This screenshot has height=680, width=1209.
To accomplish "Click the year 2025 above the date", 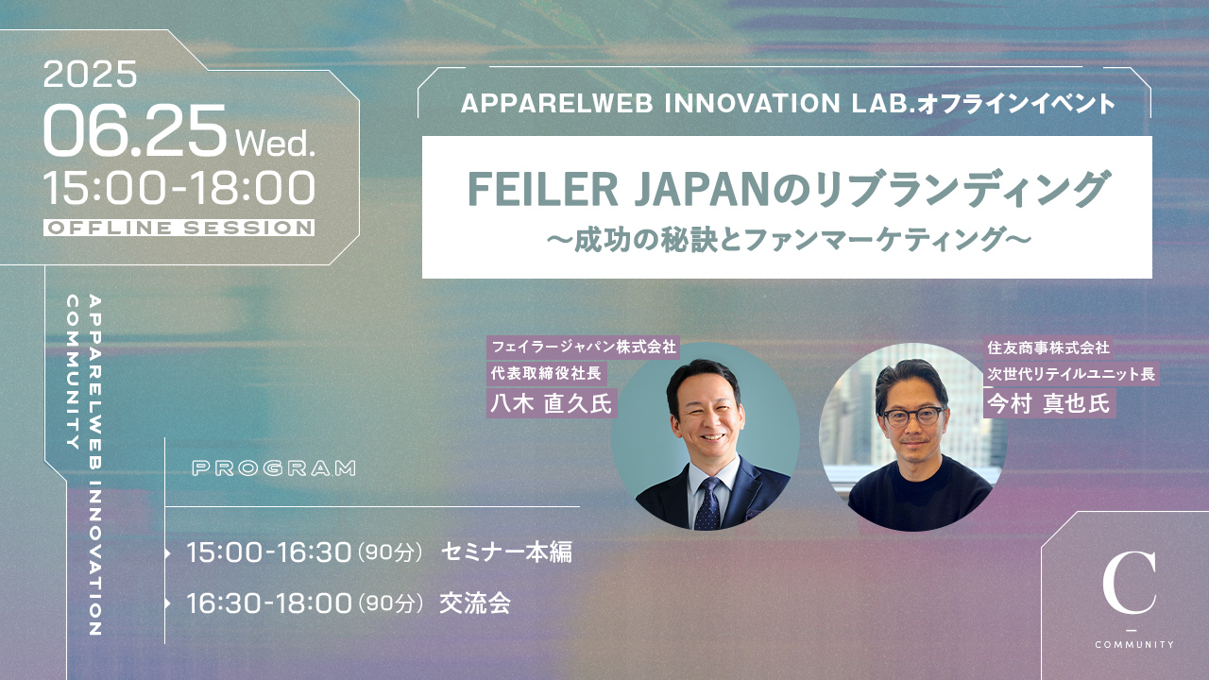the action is [90, 74].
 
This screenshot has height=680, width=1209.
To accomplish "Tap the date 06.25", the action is [134, 130].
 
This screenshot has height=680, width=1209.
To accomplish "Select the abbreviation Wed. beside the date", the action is [275, 143].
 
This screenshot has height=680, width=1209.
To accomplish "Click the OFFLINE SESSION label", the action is [179, 228].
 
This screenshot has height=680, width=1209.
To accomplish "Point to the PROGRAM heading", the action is [274, 467].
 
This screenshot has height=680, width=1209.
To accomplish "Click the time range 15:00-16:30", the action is [269, 552].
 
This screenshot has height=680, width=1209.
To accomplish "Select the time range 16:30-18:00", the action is [269, 603].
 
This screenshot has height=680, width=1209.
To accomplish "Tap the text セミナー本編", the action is [506, 552].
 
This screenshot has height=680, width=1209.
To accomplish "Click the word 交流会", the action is [475, 603].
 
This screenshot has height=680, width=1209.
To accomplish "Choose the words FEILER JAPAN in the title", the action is [618, 189].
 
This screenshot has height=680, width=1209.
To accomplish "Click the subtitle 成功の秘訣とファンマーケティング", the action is [788, 240].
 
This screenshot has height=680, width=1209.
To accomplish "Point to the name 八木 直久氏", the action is [551, 403].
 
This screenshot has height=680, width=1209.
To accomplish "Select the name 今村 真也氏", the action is [1048, 403].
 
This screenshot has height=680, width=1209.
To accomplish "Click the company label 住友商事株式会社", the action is [1048, 348].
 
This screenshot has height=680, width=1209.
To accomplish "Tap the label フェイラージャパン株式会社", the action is [584, 347].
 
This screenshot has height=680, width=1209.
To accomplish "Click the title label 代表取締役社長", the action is [546, 373].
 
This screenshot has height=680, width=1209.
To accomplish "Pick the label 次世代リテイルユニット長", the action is [1071, 373].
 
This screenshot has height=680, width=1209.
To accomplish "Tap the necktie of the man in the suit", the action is [707, 503].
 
